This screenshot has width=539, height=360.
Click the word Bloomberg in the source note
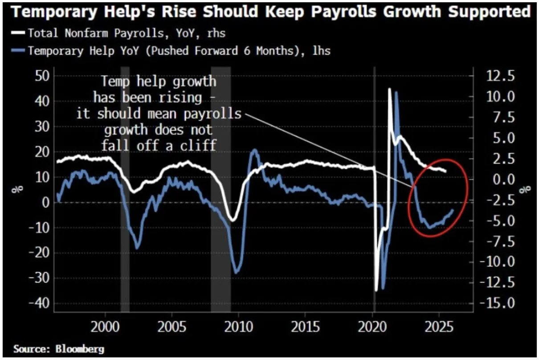(80, 349)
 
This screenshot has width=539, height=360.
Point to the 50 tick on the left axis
(42, 76)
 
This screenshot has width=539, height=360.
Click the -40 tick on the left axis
(39, 304)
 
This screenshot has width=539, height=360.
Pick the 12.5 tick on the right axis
(501, 76)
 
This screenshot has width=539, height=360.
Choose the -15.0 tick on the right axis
(498, 303)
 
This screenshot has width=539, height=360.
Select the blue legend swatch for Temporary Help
(18, 50)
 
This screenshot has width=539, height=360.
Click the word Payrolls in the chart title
(344, 12)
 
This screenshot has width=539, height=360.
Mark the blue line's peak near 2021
(396, 92)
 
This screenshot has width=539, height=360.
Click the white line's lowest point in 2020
(376, 290)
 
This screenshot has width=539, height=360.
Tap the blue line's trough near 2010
(236, 272)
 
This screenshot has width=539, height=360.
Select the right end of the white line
(445, 172)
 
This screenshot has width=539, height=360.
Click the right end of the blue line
(453, 210)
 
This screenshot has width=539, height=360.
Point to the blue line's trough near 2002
(137, 248)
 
